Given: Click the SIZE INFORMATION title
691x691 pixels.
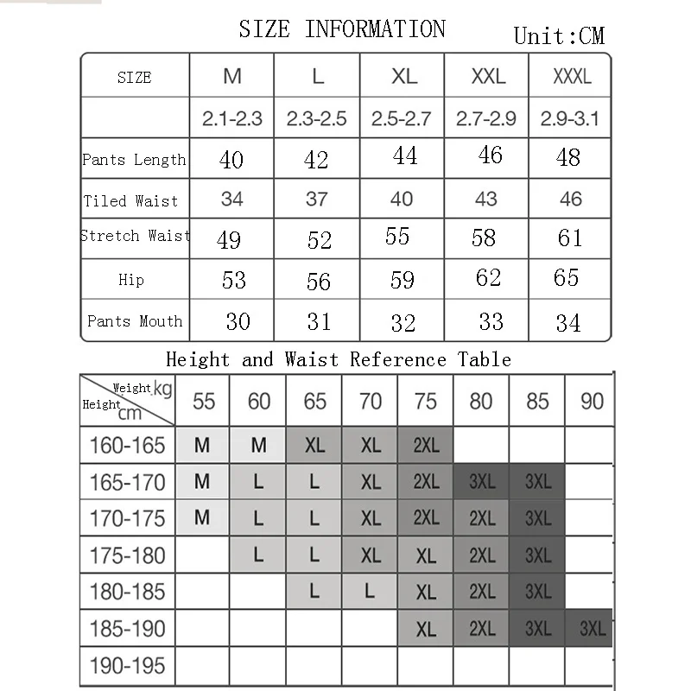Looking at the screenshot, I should (x=342, y=29).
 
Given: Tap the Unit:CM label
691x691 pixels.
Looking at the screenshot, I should (x=559, y=35).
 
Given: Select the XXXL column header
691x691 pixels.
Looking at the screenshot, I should (x=572, y=76).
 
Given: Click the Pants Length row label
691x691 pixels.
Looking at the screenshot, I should (x=134, y=160).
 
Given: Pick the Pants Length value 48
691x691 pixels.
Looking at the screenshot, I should (x=568, y=158).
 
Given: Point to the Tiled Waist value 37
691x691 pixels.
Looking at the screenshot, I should (x=317, y=200).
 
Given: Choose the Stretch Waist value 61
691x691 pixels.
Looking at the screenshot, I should (x=570, y=238).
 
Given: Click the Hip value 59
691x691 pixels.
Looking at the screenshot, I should (x=403, y=280).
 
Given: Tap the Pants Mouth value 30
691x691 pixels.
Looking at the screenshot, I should (x=238, y=321).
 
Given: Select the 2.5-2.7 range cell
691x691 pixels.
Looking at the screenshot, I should (x=401, y=118).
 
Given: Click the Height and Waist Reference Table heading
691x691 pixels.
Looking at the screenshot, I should (x=339, y=359).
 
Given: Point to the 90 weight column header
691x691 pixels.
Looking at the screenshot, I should (x=593, y=402).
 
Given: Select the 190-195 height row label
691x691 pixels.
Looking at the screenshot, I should (x=128, y=666).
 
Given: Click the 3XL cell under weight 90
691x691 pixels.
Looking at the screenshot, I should (x=593, y=629).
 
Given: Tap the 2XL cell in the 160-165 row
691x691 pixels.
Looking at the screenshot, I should (x=426, y=446).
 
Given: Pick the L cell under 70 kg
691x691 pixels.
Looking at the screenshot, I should (x=370, y=592).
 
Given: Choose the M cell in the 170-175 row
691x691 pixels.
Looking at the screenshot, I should (x=202, y=518).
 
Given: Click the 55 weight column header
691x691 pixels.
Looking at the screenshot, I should (x=204, y=402).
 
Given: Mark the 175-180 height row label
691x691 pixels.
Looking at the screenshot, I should (x=128, y=555).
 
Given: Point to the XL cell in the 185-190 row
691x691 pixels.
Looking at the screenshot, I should (x=426, y=630).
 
